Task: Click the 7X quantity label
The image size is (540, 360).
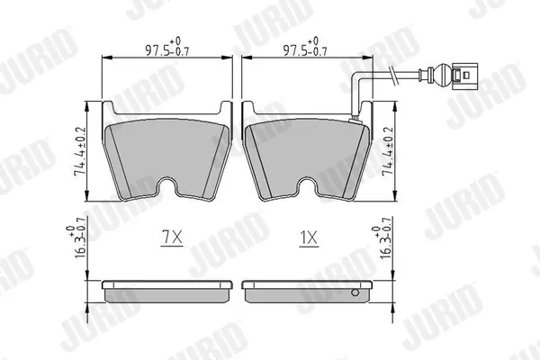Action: coord(172,237)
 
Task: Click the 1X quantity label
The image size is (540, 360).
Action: coord(309,237)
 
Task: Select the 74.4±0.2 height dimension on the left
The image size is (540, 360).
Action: coord(80,151)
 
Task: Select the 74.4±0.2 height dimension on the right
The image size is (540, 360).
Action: coord(388,151)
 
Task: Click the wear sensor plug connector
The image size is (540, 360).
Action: coord(464,76)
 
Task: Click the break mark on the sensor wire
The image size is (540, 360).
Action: coord(393,75)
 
